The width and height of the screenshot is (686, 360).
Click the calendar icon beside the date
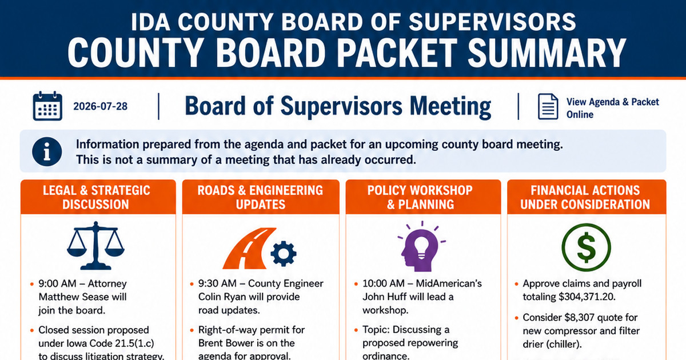pyautogui.click(x=47, y=106)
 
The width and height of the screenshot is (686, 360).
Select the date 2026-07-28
pyautogui.click(x=100, y=106)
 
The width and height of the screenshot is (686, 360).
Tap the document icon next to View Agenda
pyautogui.click(x=548, y=106)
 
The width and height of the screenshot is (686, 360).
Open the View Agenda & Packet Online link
pyautogui.click(x=612, y=108)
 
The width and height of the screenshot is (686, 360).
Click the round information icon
pyautogui.click(x=47, y=151)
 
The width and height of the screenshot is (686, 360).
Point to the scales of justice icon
pyautogui.click(x=95, y=246)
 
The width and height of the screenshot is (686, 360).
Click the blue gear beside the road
pyautogui.click(x=284, y=254)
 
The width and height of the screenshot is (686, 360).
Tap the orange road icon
pyautogui.click(x=249, y=248)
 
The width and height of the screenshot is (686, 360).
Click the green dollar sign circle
pyautogui.click(x=586, y=247)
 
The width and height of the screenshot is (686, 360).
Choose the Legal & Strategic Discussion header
pyautogui.click(x=96, y=197)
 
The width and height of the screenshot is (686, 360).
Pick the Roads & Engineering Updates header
pyautogui.click(x=260, y=197)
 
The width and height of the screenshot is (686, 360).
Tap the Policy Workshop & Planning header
pyautogui.click(x=420, y=197)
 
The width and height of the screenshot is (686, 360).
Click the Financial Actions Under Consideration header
pyautogui.click(x=585, y=197)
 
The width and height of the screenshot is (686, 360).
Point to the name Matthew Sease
pyautogui.click(x=82, y=297)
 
